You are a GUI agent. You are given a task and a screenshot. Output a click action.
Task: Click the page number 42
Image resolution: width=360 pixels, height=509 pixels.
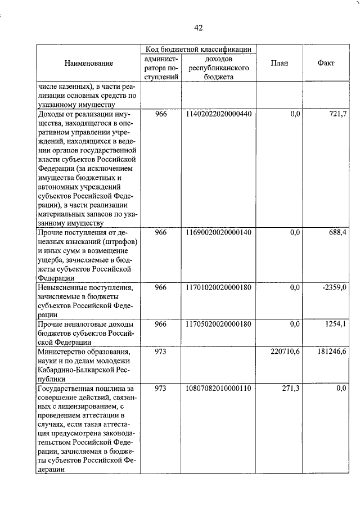pos(198,28)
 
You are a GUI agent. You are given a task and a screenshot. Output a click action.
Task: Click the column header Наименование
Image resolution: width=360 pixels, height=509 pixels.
pos(88,64)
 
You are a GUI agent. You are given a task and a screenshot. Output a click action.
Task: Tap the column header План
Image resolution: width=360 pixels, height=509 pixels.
pos(279,64)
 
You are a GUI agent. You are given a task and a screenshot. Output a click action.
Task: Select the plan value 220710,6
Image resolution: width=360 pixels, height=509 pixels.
pos(285,352)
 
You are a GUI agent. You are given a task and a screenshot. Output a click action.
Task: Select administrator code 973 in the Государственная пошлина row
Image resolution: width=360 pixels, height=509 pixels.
pos(161,389)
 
